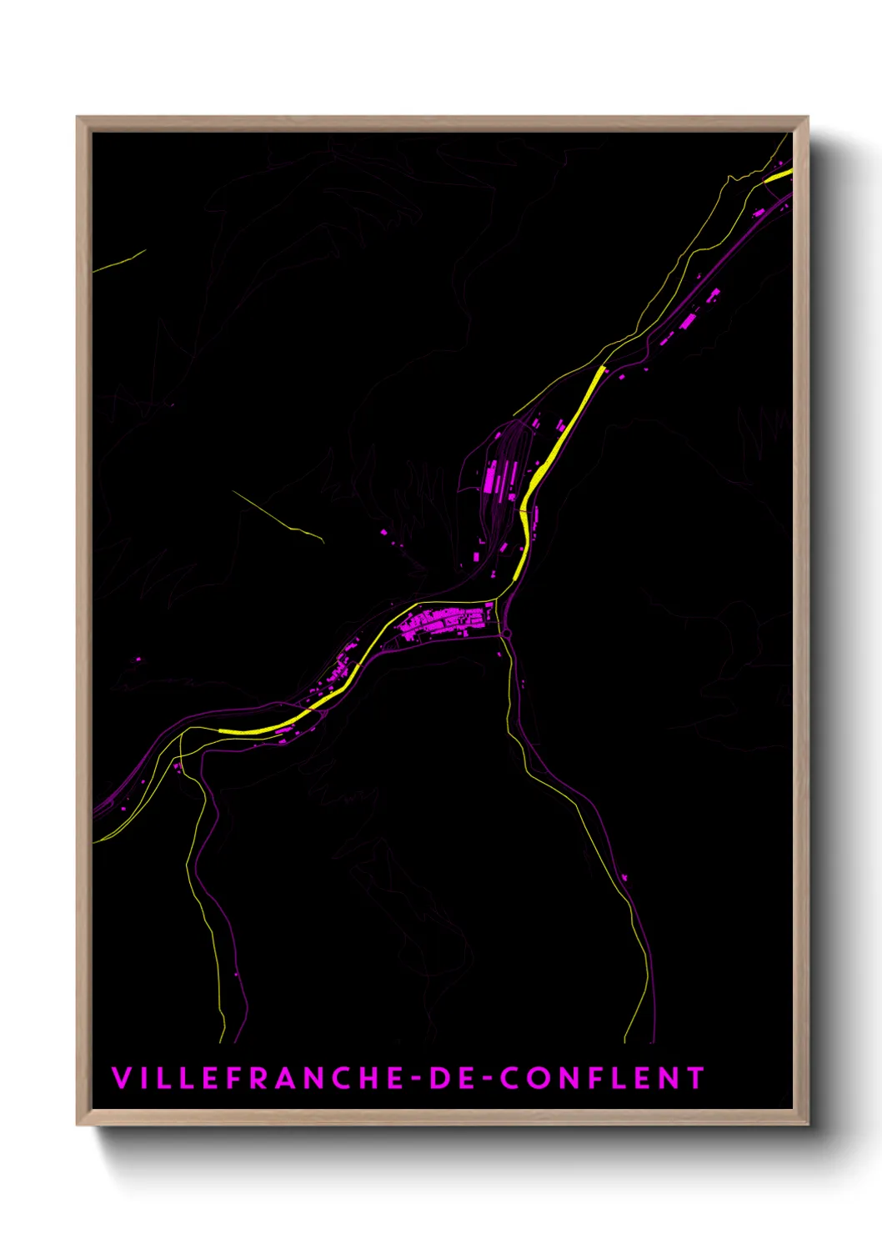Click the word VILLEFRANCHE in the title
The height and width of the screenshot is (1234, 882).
pos(259,1078)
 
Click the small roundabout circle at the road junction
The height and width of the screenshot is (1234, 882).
pos(506,635)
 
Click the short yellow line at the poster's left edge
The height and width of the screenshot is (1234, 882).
pos(119,261)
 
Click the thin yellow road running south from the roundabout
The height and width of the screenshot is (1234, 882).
pos(510,700)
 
